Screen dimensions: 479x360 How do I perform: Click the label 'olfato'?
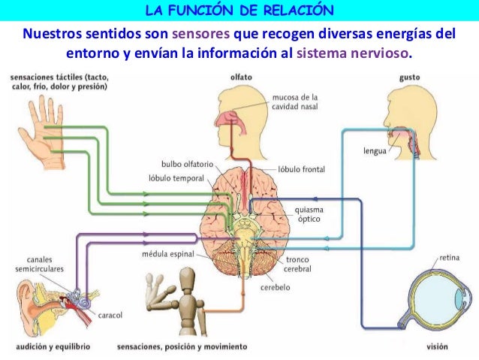point(242,77)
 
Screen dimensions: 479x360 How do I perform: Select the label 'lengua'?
point(375,150)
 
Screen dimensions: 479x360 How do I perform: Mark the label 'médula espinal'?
point(168,254)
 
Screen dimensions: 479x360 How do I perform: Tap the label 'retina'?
point(449,255)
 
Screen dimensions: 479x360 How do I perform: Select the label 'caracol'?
point(110,315)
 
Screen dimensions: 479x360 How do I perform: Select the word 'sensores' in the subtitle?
point(202,35)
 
